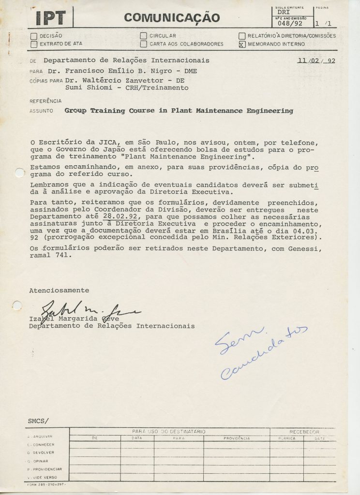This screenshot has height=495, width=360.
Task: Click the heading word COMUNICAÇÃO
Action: pyautogui.click(x=172, y=18)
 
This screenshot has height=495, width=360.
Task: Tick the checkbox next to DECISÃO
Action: pyautogui.click(x=33, y=36)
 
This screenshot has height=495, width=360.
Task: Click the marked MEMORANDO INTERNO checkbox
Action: pyautogui.click(x=242, y=44)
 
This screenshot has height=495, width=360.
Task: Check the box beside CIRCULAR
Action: pyautogui.click(x=143, y=36)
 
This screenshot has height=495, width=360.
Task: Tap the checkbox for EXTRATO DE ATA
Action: pyautogui.click(x=33, y=44)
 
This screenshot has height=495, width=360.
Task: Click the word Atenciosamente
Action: pyautogui.click(x=59, y=291)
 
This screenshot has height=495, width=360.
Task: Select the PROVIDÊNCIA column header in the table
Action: pyautogui.click(x=236, y=438)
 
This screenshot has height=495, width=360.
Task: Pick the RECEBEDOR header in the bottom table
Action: pyautogui.click(x=304, y=430)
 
